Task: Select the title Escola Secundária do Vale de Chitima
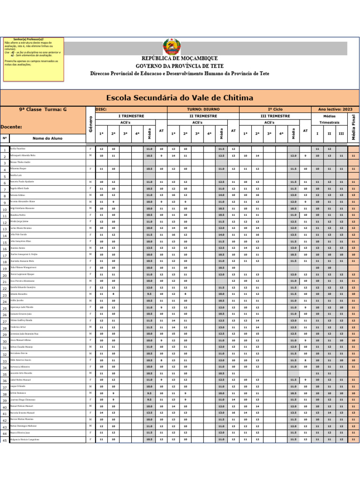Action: click(180, 98)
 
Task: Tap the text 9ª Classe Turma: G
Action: click(43, 109)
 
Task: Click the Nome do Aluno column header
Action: click(47, 138)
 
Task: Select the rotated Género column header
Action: click(90, 124)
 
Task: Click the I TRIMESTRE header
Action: click(131, 116)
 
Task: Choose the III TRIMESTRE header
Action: click(275, 116)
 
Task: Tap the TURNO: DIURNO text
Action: click(203, 109)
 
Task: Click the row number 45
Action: click(5, 441)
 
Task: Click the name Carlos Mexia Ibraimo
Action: click(22, 228)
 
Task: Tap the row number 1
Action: click(5, 150)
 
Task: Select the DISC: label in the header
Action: click(101, 109)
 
